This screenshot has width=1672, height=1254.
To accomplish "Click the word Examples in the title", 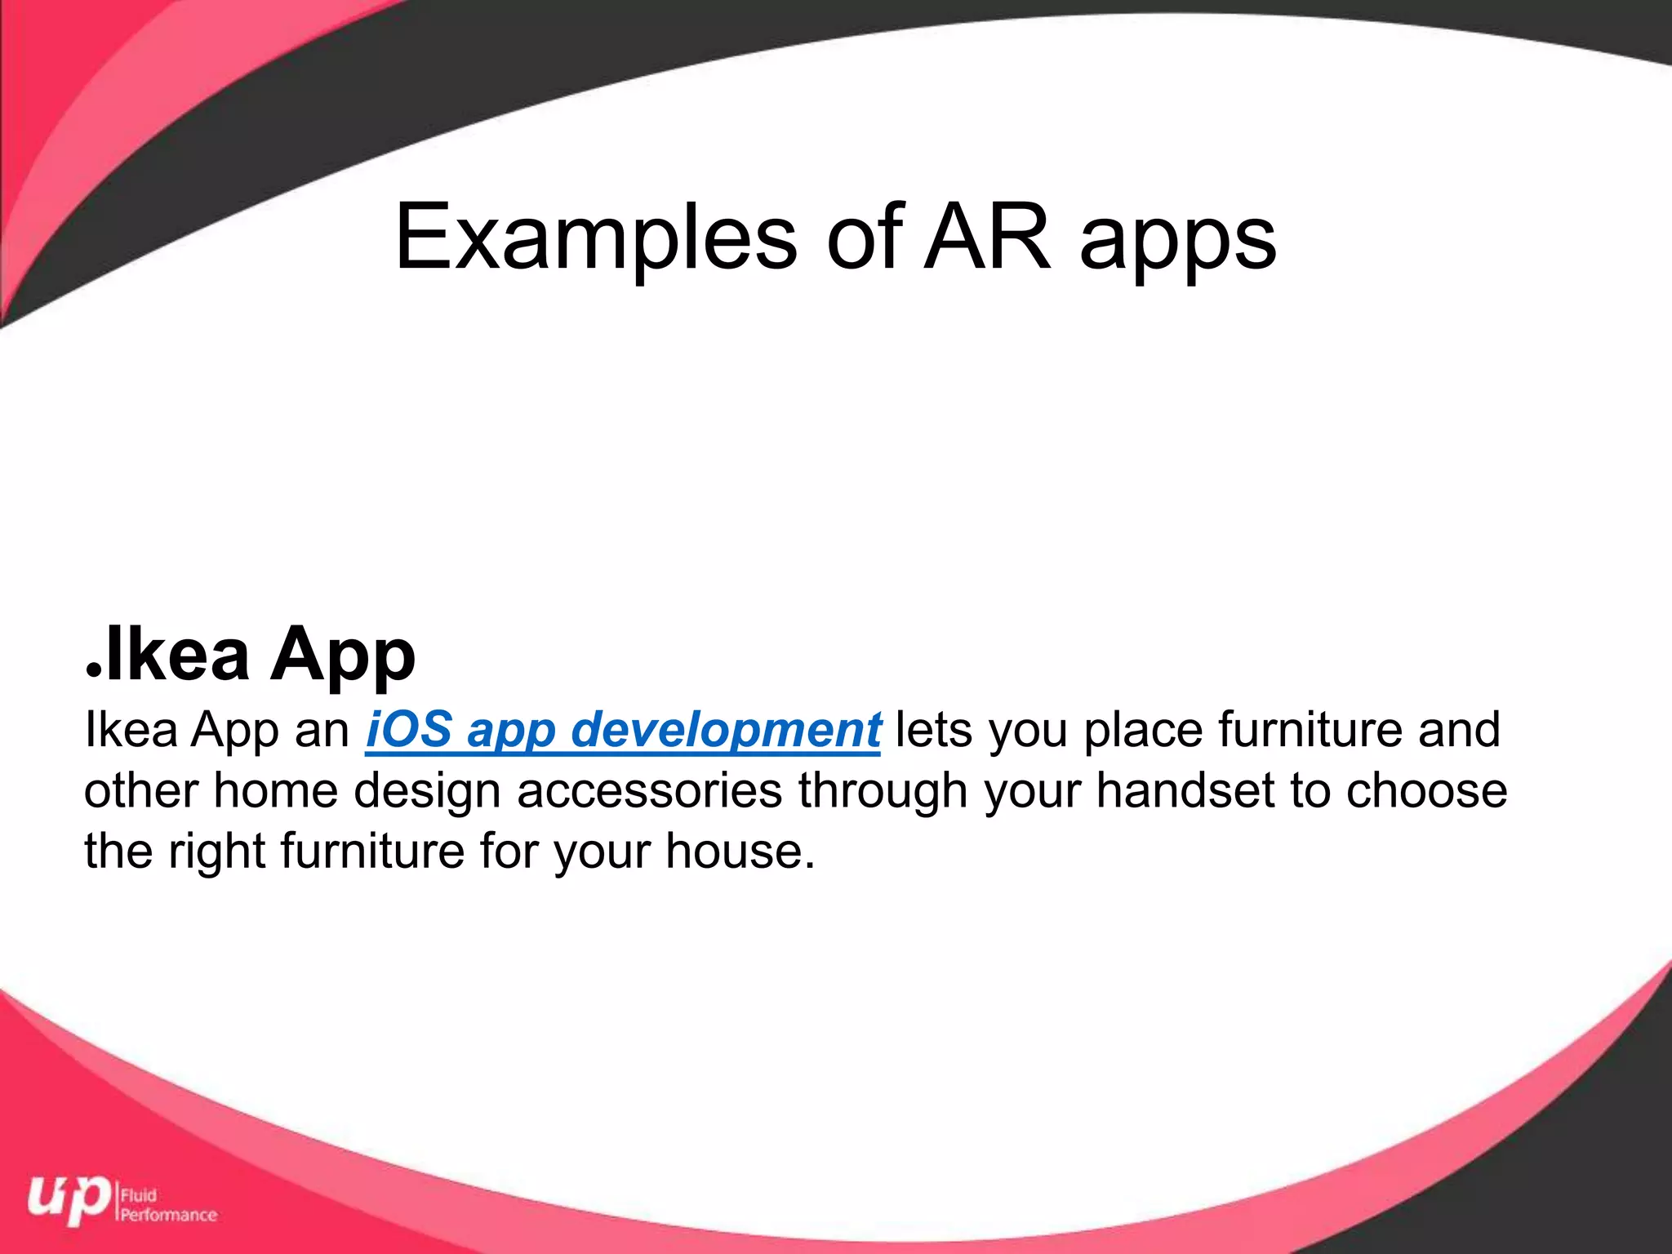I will pyautogui.click(x=596, y=238).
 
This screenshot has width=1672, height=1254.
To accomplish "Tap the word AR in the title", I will pyautogui.click(x=988, y=238).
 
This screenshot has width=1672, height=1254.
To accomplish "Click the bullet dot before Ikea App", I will pyautogui.click(x=94, y=669).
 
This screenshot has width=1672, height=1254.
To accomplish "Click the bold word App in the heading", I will pyautogui.click(x=343, y=657).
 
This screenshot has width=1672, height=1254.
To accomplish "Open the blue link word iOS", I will pyautogui.click(x=408, y=728).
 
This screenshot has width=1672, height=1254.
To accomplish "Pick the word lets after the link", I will pyautogui.click(x=934, y=728).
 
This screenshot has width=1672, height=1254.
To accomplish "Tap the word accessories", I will pyautogui.click(x=650, y=790).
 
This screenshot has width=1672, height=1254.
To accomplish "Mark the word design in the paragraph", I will pyautogui.click(x=427, y=792).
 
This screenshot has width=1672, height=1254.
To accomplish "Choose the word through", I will pyautogui.click(x=883, y=792).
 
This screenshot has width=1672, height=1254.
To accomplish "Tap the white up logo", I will pyautogui.click(x=69, y=1200).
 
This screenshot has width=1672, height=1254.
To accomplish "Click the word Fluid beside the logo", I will pyautogui.click(x=139, y=1196).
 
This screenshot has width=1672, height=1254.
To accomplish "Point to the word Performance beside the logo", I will pyautogui.click(x=169, y=1215).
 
